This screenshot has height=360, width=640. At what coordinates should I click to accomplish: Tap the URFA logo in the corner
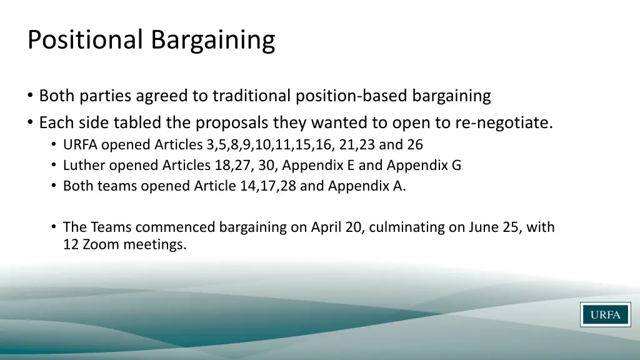coord(605,314)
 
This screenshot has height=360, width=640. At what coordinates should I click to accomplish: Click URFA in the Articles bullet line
coord(81,145)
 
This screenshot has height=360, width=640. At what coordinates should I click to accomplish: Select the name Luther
coord(84,166)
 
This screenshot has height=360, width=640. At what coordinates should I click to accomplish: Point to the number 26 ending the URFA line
coord(416,145)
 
